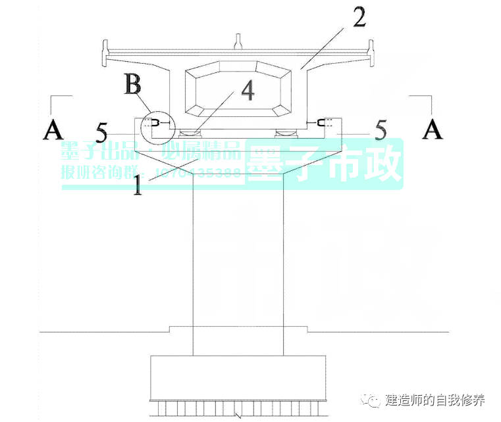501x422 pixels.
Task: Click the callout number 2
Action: [x=359, y=18]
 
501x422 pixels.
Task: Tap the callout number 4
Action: [x=247, y=91]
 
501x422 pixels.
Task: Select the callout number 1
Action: [x=138, y=185]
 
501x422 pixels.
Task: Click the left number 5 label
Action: [x=101, y=132]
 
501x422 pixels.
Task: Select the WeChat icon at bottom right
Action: [x=374, y=400]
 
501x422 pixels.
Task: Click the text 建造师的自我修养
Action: [x=435, y=400]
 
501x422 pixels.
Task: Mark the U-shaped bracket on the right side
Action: [x=322, y=122]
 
